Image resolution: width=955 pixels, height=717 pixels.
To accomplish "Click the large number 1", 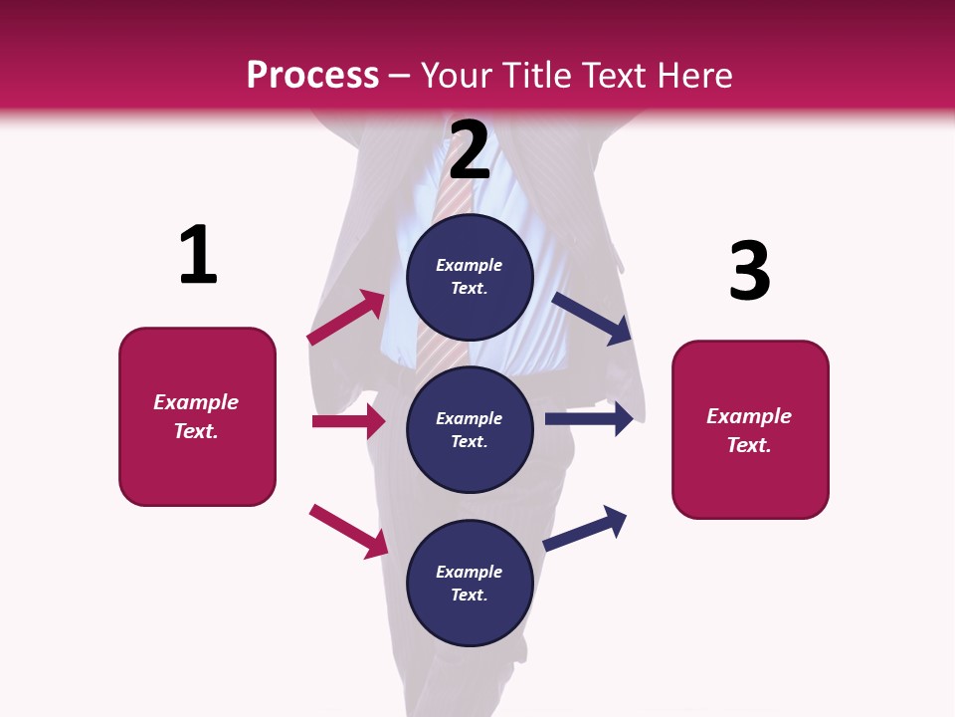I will [198, 255].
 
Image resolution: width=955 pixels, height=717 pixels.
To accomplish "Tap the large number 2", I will [470, 150].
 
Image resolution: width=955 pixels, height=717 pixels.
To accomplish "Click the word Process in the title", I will [312, 75].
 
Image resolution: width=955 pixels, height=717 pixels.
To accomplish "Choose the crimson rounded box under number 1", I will [197, 416].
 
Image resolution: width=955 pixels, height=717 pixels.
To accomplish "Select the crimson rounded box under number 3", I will [750, 430].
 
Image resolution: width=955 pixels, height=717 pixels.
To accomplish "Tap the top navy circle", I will [470, 277].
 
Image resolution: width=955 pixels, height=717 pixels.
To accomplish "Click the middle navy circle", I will [470, 429].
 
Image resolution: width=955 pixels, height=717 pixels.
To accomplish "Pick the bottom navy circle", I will [470, 583].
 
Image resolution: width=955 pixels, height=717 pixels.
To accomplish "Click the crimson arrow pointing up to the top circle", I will [346, 318].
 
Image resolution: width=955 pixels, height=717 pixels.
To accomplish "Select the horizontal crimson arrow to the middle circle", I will [348, 421].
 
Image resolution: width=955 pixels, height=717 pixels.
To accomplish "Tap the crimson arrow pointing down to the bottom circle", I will [348, 531].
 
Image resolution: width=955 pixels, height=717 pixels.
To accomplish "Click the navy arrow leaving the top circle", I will [592, 319].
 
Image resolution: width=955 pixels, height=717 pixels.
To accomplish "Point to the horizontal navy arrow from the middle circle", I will [589, 418].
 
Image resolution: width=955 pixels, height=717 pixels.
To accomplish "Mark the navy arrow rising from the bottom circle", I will [585, 528].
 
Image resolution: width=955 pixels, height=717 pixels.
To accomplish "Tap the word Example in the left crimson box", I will [196, 402].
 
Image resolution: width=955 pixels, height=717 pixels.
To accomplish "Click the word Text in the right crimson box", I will [748, 445].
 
